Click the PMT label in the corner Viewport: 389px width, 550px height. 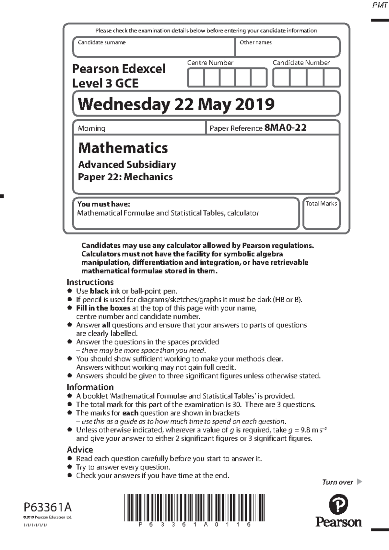[380, 6]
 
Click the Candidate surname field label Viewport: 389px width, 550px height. [102, 42]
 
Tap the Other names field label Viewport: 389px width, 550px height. [255, 42]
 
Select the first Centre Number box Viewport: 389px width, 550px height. [196, 78]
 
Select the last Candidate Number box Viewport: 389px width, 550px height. [332, 78]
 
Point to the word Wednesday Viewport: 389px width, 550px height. [124, 104]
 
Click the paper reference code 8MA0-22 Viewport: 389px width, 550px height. [285, 128]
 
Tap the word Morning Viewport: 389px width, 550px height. [91, 128]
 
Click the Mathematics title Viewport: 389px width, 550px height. [123, 148]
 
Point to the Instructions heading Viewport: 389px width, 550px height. [90, 282]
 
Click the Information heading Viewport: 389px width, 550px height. [90, 387]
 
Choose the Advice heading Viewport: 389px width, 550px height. [80, 450]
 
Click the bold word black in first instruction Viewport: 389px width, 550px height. [99, 291]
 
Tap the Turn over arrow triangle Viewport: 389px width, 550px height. [359, 482]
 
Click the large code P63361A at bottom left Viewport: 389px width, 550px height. [48, 507]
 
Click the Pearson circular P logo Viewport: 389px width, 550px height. [338, 505]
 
